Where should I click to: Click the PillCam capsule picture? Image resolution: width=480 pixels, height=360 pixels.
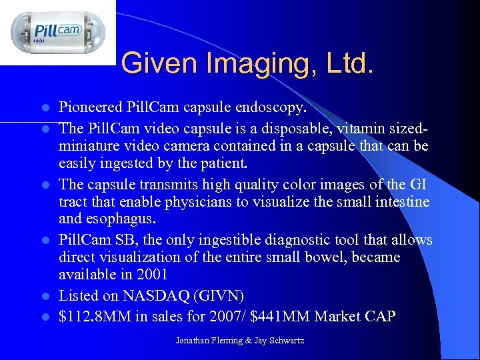pyautogui.click(x=58, y=31)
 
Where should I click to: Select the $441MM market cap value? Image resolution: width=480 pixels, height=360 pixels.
pyautogui.click(x=285, y=316)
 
